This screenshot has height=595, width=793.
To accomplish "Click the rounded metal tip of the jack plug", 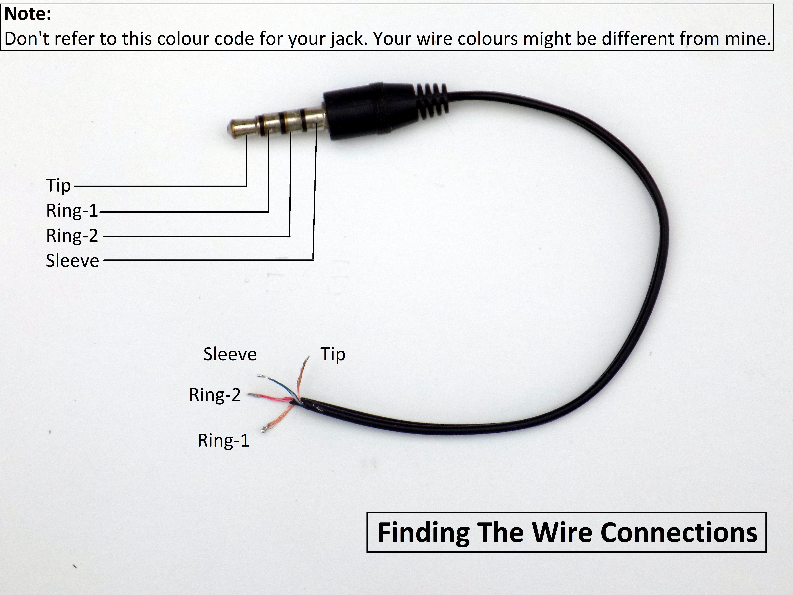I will point(237,128).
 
